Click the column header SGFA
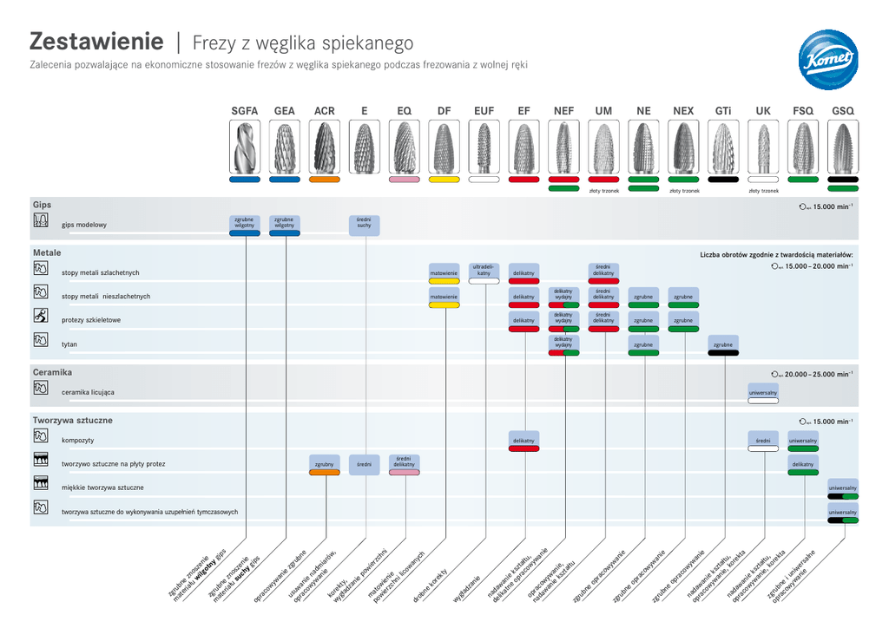click(x=244, y=111)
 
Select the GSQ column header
click(x=843, y=111)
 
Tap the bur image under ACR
click(x=325, y=147)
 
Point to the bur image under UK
click(x=763, y=147)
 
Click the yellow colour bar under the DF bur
click(x=444, y=180)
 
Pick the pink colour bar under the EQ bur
click(x=405, y=180)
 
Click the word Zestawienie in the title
click(x=96, y=42)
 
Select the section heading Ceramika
click(x=52, y=372)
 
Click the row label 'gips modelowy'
click(x=84, y=225)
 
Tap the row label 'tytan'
click(x=69, y=344)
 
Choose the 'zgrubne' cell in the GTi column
click(x=723, y=344)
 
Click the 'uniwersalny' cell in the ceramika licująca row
click(x=763, y=393)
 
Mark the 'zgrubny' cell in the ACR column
click(x=325, y=464)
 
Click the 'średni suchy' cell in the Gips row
click(x=365, y=224)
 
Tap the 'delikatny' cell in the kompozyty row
click(x=524, y=441)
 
